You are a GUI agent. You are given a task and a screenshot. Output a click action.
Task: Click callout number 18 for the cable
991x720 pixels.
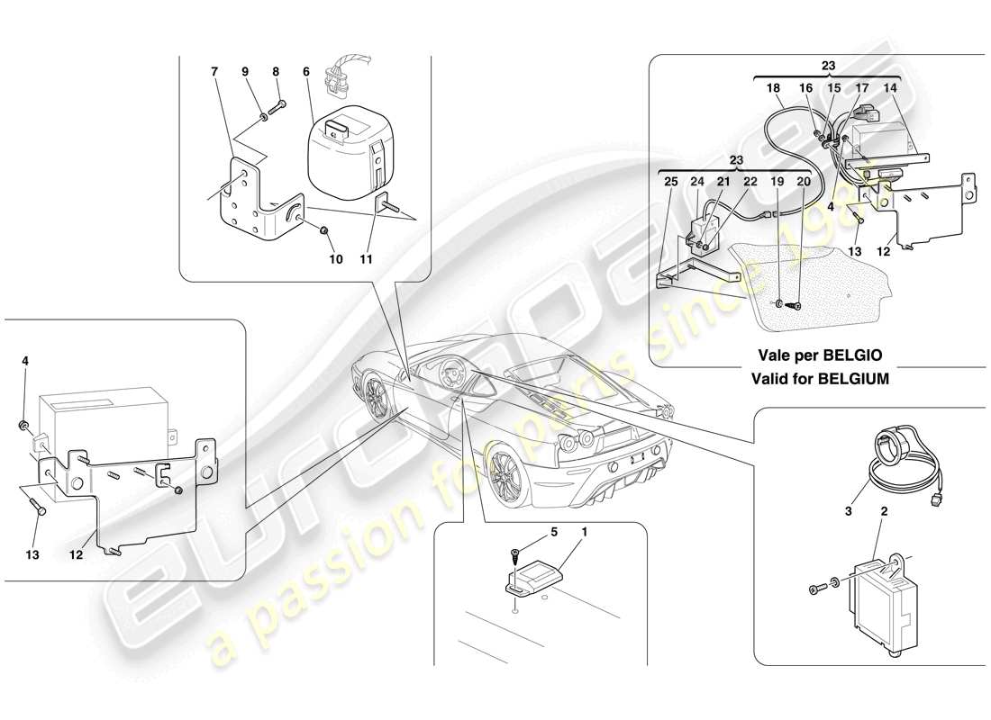(773, 88)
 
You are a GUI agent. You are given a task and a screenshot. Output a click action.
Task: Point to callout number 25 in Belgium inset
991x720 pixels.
(669, 181)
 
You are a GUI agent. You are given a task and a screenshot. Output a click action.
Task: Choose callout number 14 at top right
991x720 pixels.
(891, 88)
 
